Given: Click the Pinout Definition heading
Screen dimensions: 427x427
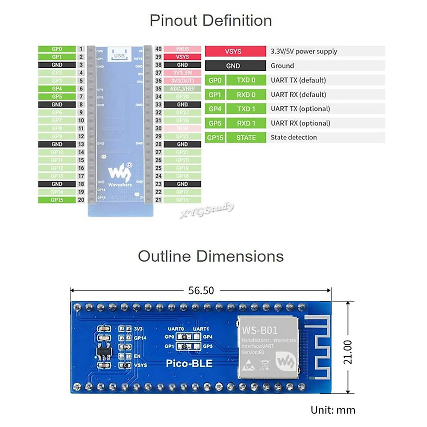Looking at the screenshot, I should coord(211,21).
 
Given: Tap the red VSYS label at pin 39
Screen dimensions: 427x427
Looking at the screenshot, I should coord(182,57).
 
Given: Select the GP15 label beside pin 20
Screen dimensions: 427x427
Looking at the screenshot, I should coord(57,200).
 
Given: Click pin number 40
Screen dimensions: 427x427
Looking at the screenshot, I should coord(158,49).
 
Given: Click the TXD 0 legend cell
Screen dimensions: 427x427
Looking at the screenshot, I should coord(246,80).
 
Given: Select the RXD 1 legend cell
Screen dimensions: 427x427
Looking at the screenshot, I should coord(246,123).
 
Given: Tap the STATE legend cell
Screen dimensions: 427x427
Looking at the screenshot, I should coord(246,138).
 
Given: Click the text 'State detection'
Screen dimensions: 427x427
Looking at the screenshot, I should coord(294,137).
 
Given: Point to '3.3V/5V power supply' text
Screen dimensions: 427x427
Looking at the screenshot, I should coord(304,51).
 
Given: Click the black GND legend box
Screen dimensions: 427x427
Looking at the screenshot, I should coord(235,66).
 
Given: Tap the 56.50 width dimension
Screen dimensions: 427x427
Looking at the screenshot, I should coord(201,291).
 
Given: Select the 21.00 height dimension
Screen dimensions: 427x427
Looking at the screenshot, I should coord(348,352).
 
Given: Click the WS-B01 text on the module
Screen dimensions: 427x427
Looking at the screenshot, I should coord(260,330).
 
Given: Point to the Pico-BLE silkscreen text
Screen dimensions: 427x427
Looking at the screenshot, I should coord(189,364).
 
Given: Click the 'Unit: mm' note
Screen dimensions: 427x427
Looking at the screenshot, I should coord(333,410).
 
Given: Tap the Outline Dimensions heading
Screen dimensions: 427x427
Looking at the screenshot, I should coord(211,256).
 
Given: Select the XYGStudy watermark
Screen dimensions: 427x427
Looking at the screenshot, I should coord(207,210).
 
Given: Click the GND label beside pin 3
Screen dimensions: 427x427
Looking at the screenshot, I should coord(57,65).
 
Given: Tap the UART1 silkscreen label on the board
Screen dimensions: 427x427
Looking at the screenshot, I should coord(201,329).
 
